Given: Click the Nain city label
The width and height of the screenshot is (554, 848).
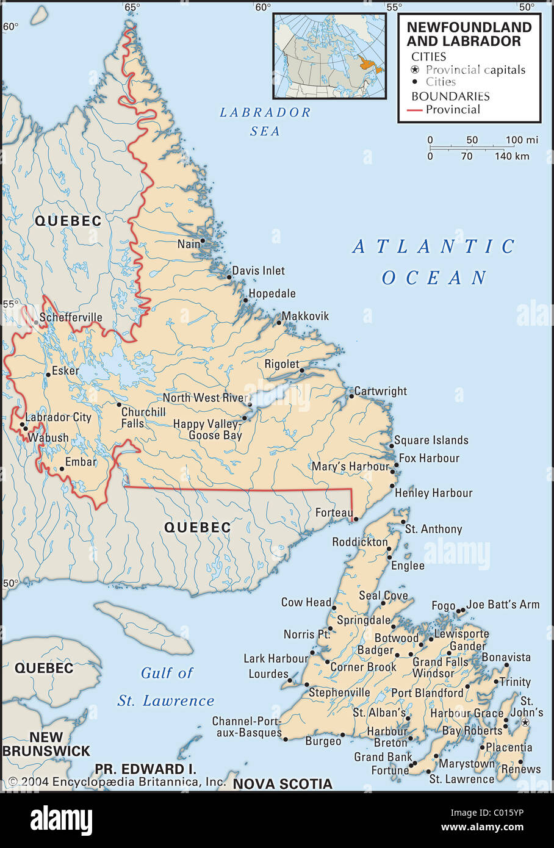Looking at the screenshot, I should [188, 244].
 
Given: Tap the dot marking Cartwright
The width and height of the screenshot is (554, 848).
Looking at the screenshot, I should [351, 396].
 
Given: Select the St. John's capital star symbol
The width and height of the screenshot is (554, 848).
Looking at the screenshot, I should [525, 722].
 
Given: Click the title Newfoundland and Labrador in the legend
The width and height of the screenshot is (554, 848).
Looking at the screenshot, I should [469, 34].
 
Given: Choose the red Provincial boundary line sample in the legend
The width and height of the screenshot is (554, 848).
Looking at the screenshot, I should [415, 110].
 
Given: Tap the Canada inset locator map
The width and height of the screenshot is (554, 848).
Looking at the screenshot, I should [329, 56].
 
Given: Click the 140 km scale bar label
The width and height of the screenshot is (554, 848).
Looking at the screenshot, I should [512, 156].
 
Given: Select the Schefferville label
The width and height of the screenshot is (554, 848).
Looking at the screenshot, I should [71, 318].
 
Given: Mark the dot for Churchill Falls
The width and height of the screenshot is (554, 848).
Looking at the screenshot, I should [119, 404].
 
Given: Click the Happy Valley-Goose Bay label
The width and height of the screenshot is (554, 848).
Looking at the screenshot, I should [208, 429].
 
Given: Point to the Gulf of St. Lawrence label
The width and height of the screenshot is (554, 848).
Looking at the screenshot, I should [166, 687].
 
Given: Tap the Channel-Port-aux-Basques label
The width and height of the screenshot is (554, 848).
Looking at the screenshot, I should [247, 727].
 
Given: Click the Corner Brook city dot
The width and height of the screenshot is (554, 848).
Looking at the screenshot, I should [328, 662].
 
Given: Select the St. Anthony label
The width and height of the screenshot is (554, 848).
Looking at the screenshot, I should [433, 529].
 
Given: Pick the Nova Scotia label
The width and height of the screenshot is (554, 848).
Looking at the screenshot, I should [282, 784].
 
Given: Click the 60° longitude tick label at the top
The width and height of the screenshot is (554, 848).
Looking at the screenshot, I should [263, 7].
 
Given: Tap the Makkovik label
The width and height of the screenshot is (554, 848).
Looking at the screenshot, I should [305, 316].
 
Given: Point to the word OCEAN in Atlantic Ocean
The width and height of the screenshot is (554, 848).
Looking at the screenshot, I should [434, 278].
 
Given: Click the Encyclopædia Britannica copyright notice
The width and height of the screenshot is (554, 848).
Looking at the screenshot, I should [117, 782].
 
